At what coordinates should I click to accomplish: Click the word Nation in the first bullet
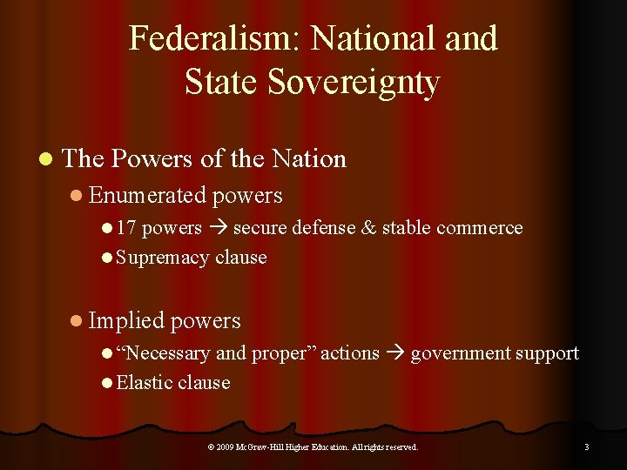point(309,158)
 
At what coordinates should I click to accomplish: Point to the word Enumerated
point(147,196)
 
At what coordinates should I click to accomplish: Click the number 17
point(126,228)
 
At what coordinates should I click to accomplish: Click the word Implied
point(127,320)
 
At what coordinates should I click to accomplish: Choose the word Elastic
point(144,382)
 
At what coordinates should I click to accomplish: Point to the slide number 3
point(586,446)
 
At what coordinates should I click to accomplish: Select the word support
point(547,353)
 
